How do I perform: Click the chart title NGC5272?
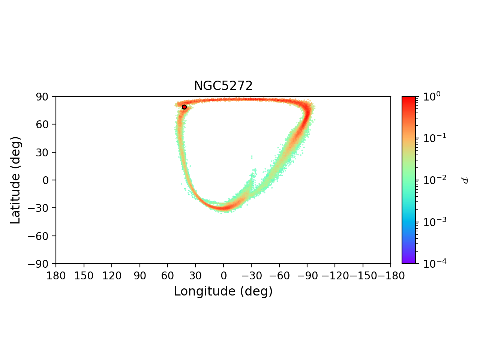click(223, 86)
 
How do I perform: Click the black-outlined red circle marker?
click(184, 107)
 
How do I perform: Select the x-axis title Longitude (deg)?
click(223, 291)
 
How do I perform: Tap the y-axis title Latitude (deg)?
click(15, 180)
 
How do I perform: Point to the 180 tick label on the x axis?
click(56, 276)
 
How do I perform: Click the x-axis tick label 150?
click(84, 276)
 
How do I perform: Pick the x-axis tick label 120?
click(112, 276)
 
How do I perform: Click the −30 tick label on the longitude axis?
click(251, 276)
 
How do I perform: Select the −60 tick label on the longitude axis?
click(279, 276)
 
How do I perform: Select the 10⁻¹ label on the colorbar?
click(432, 138)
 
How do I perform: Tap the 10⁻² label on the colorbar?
click(432, 180)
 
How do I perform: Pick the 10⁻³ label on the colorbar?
click(432, 222)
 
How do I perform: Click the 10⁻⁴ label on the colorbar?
click(432, 264)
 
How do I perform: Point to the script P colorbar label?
click(465, 180)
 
